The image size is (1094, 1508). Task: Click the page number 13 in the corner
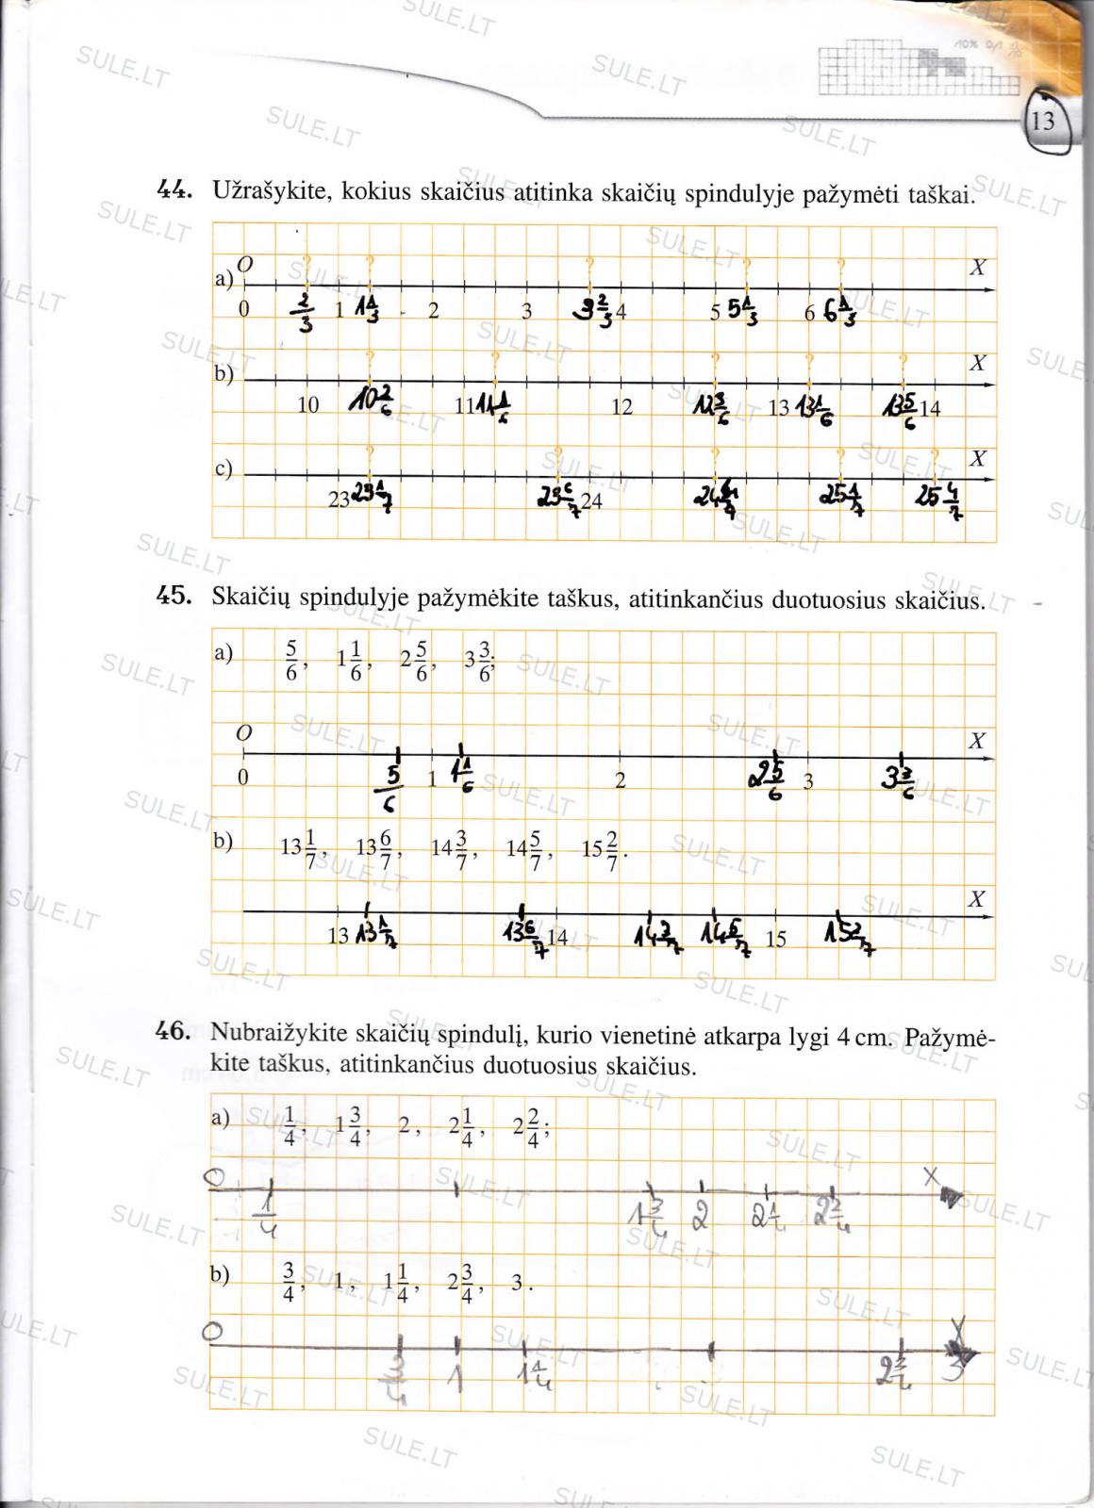click(x=1043, y=122)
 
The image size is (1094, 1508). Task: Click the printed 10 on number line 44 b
click(x=308, y=406)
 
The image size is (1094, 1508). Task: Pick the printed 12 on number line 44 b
click(x=622, y=407)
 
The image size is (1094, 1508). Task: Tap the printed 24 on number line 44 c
click(x=592, y=501)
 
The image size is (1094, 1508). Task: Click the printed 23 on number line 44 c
click(x=339, y=501)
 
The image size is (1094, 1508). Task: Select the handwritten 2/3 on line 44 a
click(x=305, y=312)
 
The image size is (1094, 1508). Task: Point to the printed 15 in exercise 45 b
click(x=776, y=939)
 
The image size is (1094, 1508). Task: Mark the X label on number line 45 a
click(x=977, y=741)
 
